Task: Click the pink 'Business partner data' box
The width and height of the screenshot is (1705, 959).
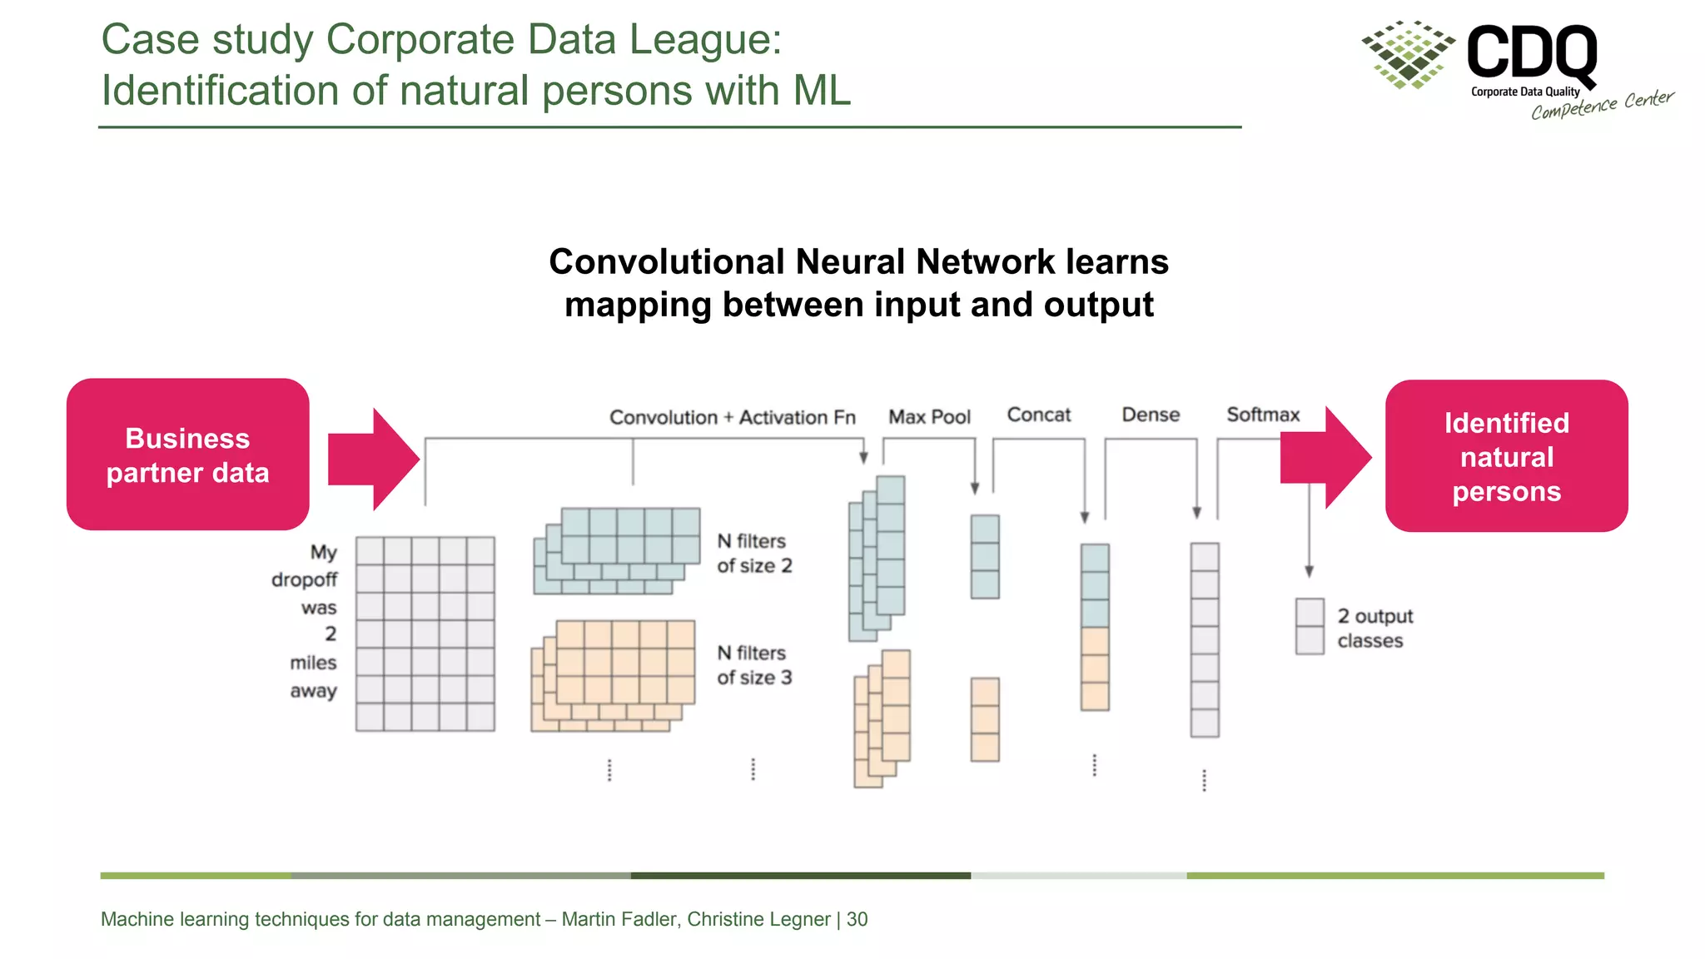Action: (187, 455)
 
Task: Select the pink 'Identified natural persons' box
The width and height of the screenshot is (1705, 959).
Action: (1506, 456)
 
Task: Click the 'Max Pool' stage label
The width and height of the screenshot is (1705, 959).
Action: (929, 416)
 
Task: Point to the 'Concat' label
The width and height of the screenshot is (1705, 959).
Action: (1038, 415)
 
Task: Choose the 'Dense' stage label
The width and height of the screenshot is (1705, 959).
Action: (1151, 415)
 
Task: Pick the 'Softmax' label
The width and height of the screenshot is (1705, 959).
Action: (1262, 415)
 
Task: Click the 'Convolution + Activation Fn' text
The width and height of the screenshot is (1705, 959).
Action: (732, 417)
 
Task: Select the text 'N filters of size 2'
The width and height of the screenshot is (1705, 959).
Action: (753, 554)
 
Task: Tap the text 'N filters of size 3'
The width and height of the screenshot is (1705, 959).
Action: (753, 665)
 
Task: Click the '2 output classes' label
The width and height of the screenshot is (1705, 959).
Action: (1374, 629)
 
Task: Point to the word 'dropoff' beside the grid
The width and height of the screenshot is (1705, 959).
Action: (304, 579)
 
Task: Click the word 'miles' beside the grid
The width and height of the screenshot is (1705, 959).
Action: (313, 663)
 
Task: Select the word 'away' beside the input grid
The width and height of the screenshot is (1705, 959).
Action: (313, 691)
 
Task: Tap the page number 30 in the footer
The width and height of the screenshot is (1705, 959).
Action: (857, 919)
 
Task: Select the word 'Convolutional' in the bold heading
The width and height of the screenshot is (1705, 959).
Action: (667, 262)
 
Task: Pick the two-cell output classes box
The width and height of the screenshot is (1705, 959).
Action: (1310, 626)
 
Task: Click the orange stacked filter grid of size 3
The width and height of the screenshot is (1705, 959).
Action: (613, 675)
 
